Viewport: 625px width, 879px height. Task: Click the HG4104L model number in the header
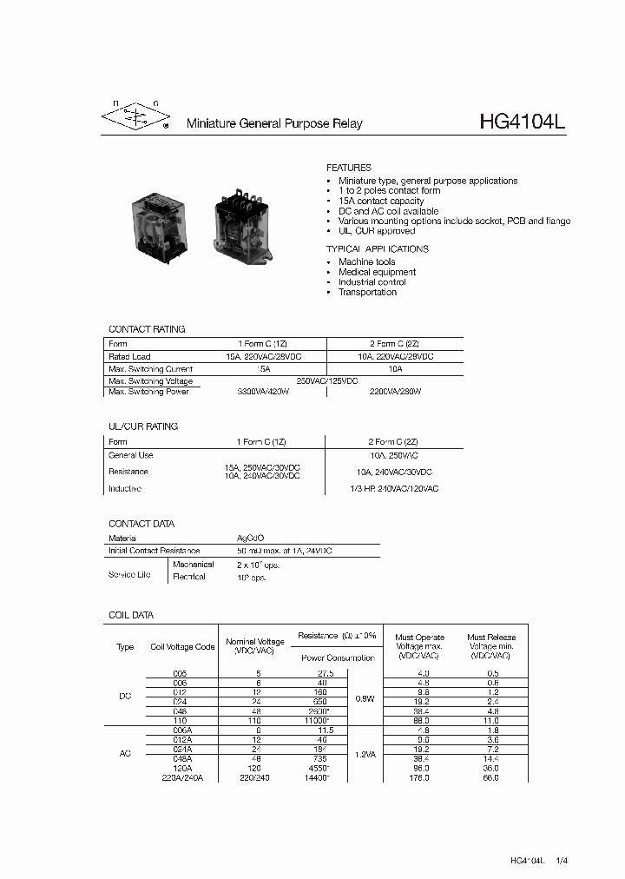tap(522, 122)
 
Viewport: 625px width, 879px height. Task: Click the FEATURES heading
tap(348, 168)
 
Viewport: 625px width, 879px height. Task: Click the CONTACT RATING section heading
tap(147, 329)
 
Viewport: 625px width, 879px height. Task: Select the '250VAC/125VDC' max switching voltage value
tap(327, 381)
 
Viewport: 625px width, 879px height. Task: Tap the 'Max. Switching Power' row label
tap(148, 392)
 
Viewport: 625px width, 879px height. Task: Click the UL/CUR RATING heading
tap(143, 426)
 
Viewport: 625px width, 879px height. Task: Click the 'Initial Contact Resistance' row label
tap(154, 551)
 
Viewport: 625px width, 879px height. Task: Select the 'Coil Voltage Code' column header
tap(182, 647)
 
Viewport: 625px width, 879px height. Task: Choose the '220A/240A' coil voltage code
tap(182, 778)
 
